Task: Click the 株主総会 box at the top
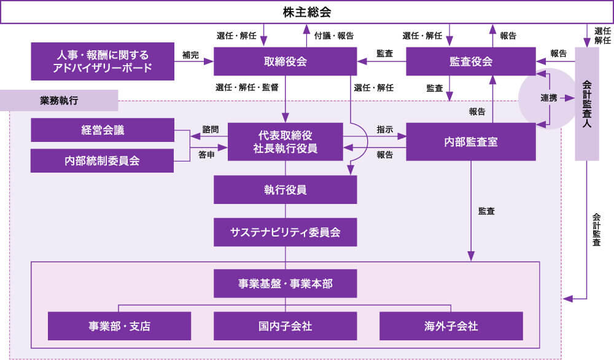pos(307,12)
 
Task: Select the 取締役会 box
pos(285,61)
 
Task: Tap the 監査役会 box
pos(470,61)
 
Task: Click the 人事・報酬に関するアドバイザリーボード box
pos(103,61)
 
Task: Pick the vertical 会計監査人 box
pos(586,103)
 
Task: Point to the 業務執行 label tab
pos(59,100)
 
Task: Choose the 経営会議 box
pos(102,130)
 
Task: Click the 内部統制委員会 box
pos(102,161)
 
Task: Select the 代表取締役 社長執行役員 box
pos(285,142)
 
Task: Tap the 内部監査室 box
pos(470,142)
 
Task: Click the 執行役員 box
pos(285,190)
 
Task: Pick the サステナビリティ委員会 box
pos(285,232)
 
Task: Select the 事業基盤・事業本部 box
pos(285,284)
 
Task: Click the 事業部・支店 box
pos(119,326)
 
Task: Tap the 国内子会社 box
pos(285,326)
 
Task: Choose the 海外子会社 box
pos(451,326)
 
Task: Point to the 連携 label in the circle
pos(548,98)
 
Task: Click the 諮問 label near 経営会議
pos(210,130)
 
